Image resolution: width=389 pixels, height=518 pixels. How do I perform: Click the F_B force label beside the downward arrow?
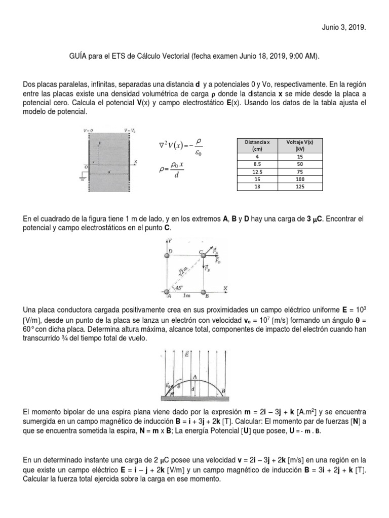coord(208,269)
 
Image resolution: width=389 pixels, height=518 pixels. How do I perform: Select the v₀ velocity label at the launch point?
coord(168,387)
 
